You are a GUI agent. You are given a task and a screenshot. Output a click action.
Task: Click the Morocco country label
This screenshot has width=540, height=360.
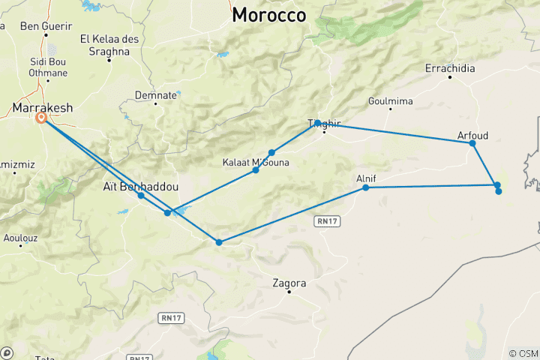(x=269, y=15)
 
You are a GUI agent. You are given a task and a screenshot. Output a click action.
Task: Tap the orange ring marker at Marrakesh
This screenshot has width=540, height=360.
(x=42, y=117)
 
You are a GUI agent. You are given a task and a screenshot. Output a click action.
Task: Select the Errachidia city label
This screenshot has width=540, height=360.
(x=450, y=68)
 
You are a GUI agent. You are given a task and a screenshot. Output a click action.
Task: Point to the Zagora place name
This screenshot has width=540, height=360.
(x=289, y=283)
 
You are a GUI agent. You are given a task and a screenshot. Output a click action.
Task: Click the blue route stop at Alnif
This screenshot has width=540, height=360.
(x=366, y=187)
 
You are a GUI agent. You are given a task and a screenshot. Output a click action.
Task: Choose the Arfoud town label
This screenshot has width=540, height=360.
(x=472, y=135)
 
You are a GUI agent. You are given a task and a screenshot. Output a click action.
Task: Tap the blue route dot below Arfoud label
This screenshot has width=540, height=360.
(x=472, y=143)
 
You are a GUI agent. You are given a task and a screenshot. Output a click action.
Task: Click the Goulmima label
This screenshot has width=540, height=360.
(x=390, y=101)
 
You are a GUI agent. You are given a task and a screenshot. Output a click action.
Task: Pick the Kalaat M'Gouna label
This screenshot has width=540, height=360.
(x=256, y=161)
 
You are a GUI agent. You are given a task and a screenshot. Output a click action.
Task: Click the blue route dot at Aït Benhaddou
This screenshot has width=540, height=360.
(x=141, y=196)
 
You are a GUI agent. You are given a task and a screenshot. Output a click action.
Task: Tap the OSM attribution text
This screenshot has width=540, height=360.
(x=523, y=353)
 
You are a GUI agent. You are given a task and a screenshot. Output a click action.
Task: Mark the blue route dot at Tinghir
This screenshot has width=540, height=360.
(x=318, y=123)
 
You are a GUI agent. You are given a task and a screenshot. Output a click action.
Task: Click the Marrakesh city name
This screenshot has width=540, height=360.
(x=43, y=108)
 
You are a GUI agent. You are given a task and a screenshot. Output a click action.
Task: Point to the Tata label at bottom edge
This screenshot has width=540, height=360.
(x=44, y=358)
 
